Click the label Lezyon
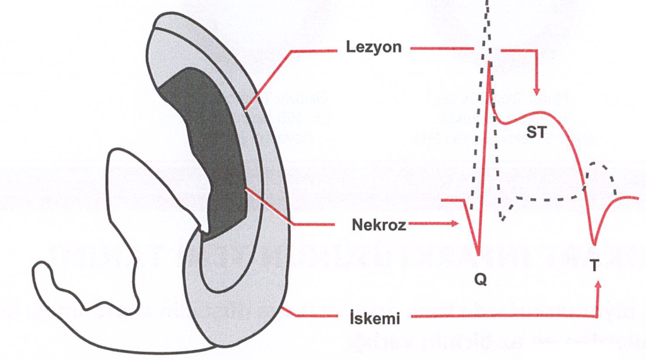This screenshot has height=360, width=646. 373,47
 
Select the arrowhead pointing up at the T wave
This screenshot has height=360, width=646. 597,287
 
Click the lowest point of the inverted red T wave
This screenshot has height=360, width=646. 594,242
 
